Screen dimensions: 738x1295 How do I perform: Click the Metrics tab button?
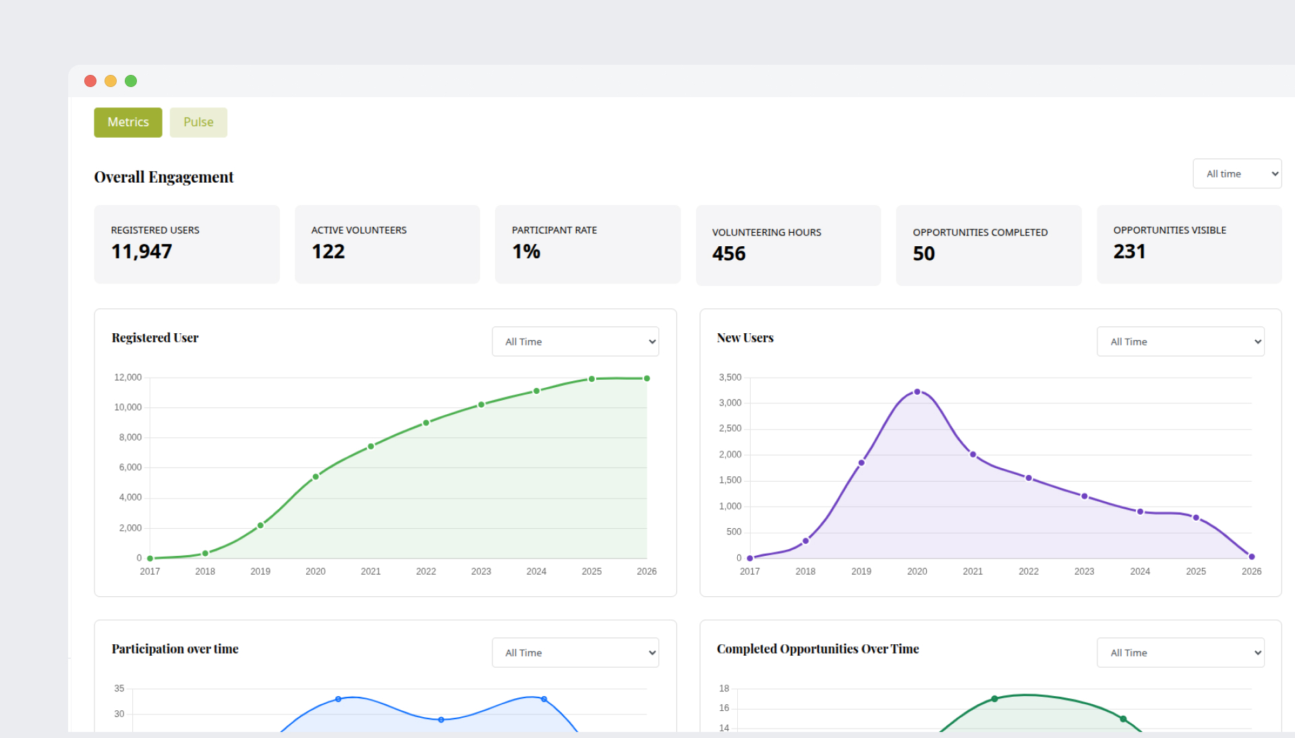pyautogui.click(x=127, y=122)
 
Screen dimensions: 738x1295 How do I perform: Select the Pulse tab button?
pyautogui.click(x=198, y=122)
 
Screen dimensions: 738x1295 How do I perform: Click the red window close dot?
pyautogui.click(x=90, y=81)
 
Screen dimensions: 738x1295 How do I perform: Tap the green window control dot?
pyautogui.click(x=131, y=81)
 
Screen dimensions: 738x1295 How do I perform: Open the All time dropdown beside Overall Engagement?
pyautogui.click(x=1236, y=174)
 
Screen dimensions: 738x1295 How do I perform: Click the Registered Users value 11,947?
pyautogui.click(x=142, y=252)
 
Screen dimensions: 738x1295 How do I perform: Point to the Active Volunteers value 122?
pyautogui.click(x=328, y=252)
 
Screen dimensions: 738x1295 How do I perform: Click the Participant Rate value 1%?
pyautogui.click(x=526, y=252)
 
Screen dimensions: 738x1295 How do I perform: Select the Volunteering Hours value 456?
pyautogui.click(x=728, y=254)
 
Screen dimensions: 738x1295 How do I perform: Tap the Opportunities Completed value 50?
pyautogui.click(x=923, y=254)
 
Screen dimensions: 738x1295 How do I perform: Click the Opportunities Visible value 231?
pyautogui.click(x=1129, y=252)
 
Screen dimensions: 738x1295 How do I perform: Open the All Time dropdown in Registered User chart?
pyautogui.click(x=575, y=342)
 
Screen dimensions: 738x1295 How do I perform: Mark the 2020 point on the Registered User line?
pyautogui.click(x=316, y=477)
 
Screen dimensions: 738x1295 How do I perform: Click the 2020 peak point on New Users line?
pyautogui.click(x=917, y=392)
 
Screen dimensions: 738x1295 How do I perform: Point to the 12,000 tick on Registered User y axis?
pyautogui.click(x=127, y=377)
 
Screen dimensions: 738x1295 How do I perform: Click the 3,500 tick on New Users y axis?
pyautogui.click(x=730, y=377)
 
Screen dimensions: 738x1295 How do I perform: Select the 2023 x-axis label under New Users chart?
pyautogui.click(x=1084, y=571)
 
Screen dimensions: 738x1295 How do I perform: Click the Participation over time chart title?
pyautogui.click(x=175, y=649)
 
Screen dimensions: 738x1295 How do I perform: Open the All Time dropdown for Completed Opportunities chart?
pyautogui.click(x=1180, y=653)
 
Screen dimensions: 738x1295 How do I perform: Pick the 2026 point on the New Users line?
pyautogui.click(x=1251, y=557)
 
